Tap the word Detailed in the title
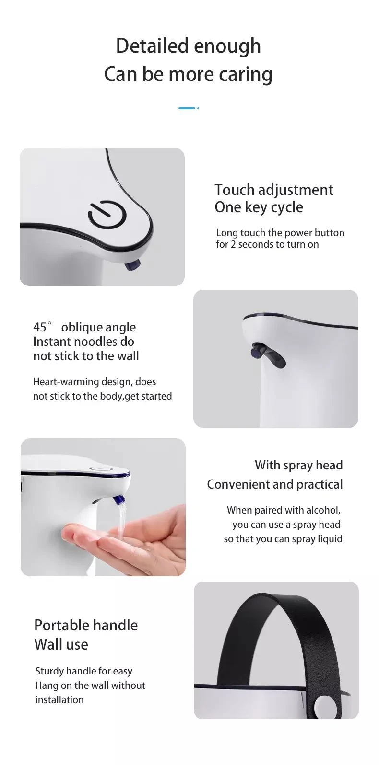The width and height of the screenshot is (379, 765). point(152,46)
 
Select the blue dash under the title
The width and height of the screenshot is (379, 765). point(187,108)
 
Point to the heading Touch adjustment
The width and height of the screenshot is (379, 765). point(273,190)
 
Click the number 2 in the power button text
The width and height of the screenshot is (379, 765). point(233,244)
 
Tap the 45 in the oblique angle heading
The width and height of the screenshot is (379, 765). point(40,327)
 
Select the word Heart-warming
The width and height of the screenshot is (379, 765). point(65,382)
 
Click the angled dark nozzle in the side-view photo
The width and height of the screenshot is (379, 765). point(268,355)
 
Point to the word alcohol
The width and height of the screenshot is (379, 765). point(322,510)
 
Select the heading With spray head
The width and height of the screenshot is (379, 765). point(298,465)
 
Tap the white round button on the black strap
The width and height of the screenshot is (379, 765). point(323,704)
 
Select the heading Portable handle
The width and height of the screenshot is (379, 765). point(86,625)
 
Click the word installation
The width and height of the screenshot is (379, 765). point(59,700)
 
